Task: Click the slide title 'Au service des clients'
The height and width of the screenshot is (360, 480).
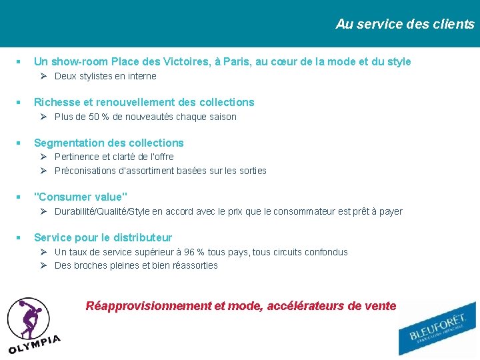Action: [x=405, y=25]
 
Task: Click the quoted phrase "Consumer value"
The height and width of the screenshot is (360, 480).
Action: [x=81, y=197]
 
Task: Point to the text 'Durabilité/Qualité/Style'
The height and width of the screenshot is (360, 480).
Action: [x=102, y=212]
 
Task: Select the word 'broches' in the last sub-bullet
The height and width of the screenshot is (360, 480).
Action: [x=90, y=265]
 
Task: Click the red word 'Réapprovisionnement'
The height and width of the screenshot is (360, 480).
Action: [x=149, y=306]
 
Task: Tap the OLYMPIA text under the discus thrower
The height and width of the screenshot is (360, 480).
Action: [x=35, y=343]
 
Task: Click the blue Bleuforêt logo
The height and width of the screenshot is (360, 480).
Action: [x=437, y=329]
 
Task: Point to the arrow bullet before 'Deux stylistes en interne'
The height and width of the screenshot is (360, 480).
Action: [x=42, y=76]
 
